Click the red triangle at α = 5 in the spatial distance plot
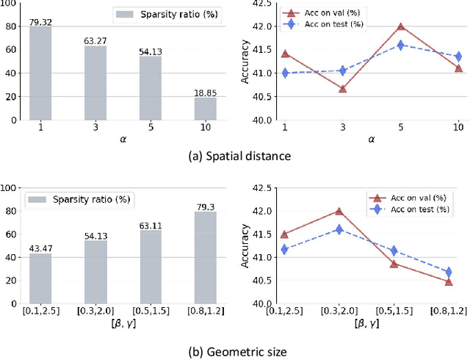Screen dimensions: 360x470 coord(401,26)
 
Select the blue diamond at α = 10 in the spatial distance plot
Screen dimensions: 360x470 coord(458,56)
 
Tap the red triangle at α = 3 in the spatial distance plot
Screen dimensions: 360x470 coord(343,88)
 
